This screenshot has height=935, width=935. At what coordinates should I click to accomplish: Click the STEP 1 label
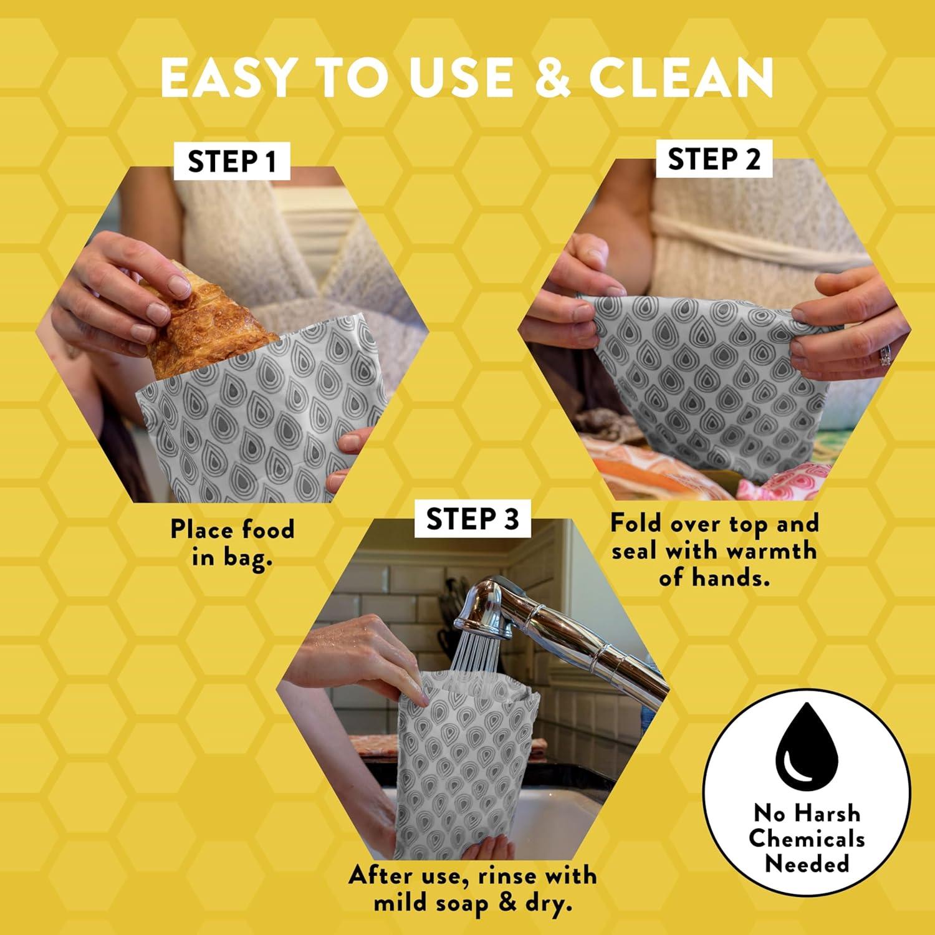[x=231, y=162]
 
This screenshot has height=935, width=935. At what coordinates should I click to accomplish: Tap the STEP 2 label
[x=714, y=160]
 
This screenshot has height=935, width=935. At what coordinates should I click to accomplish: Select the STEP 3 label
[x=472, y=519]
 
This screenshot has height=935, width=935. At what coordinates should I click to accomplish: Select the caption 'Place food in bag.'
[x=233, y=542]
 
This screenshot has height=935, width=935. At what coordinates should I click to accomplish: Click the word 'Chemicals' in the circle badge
[x=807, y=838]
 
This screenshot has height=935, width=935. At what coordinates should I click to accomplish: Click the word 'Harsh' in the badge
[x=829, y=813]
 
